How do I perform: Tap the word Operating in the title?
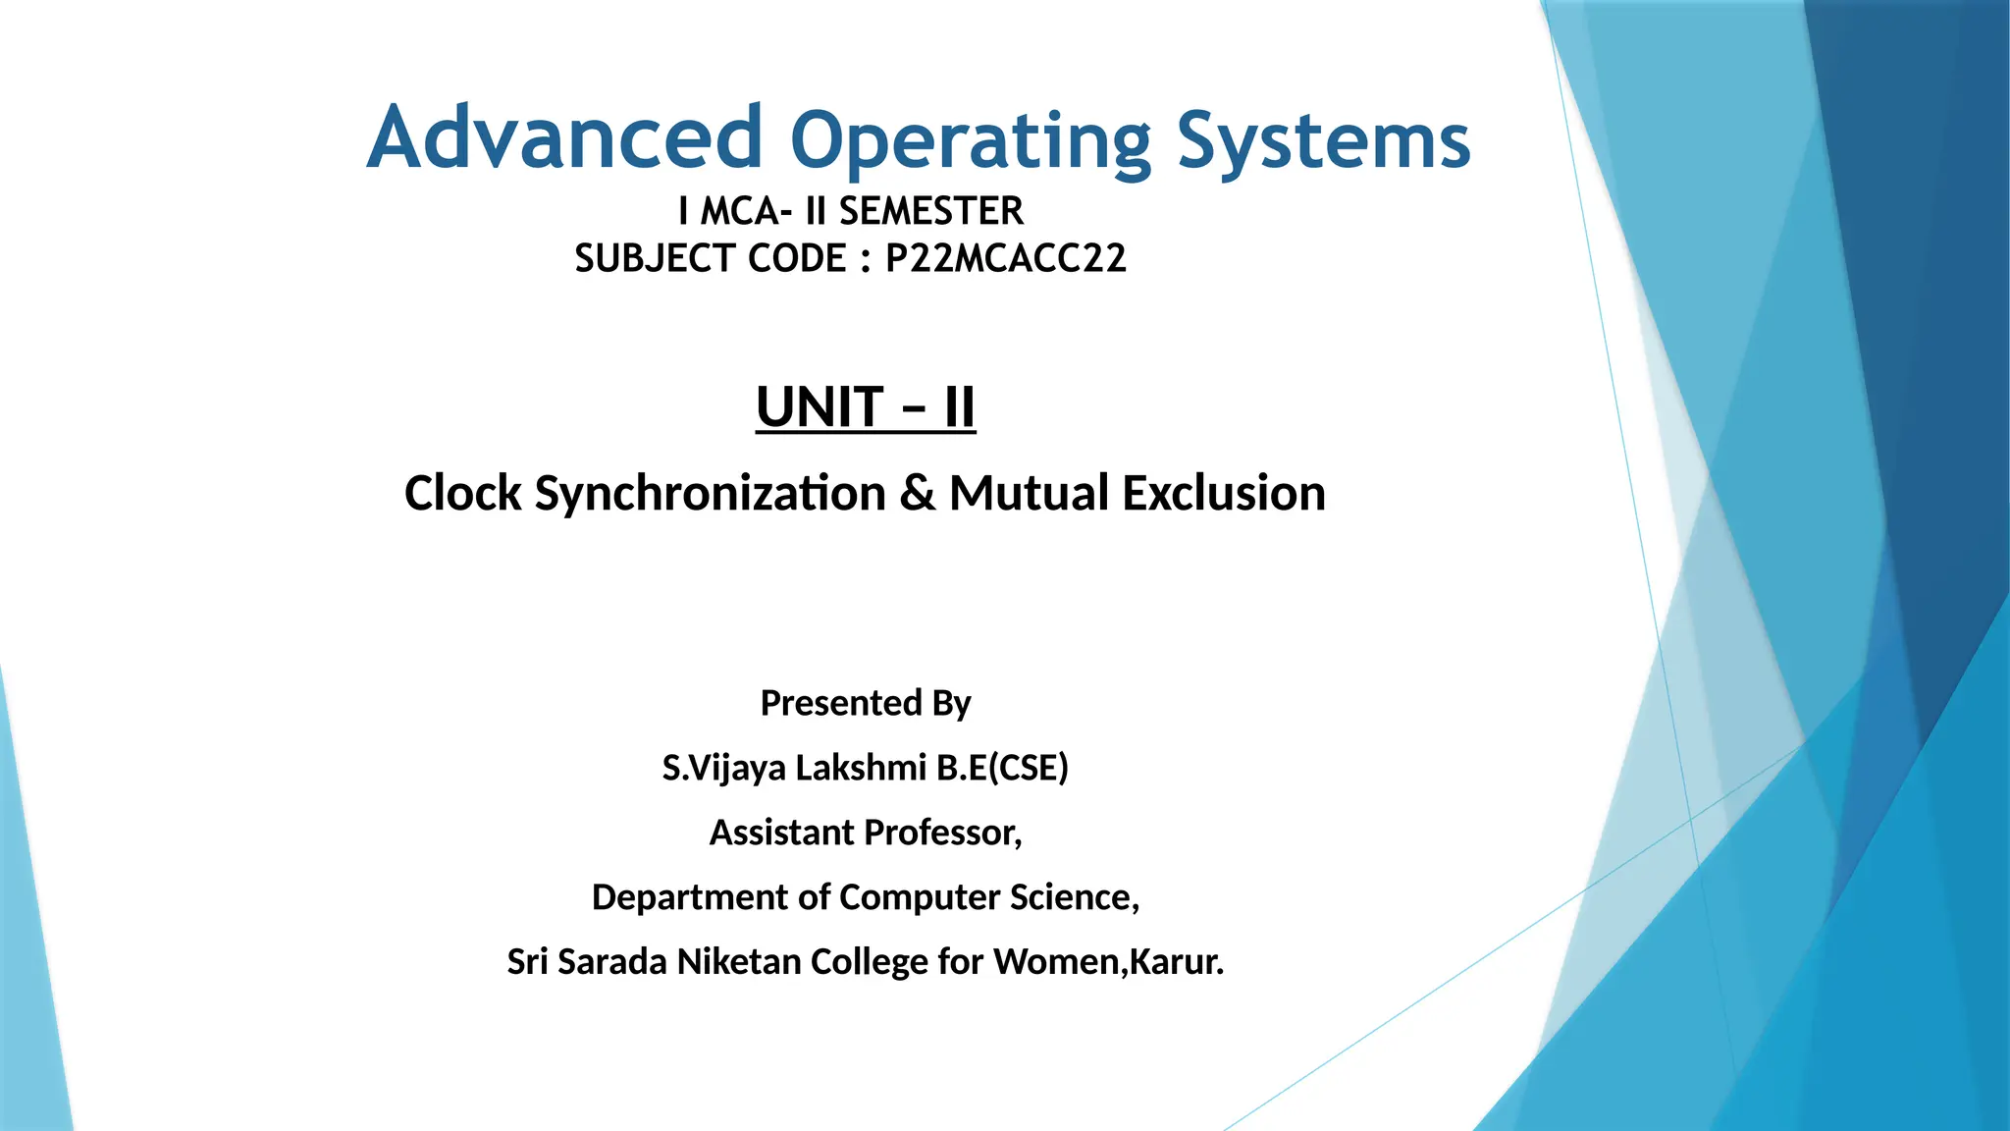(971, 142)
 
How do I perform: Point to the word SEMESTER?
(930, 211)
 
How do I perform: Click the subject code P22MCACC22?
(1006, 258)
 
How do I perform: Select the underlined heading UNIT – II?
(866, 407)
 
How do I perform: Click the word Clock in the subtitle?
(462, 493)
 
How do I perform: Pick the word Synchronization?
(710, 493)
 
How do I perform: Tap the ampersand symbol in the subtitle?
(917, 493)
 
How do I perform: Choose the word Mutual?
(1029, 493)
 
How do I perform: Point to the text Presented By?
(866, 703)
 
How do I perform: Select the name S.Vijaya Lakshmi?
(794, 768)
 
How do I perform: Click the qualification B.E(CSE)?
(1002, 768)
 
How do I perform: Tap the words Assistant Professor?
(866, 833)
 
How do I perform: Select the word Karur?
(1176, 961)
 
